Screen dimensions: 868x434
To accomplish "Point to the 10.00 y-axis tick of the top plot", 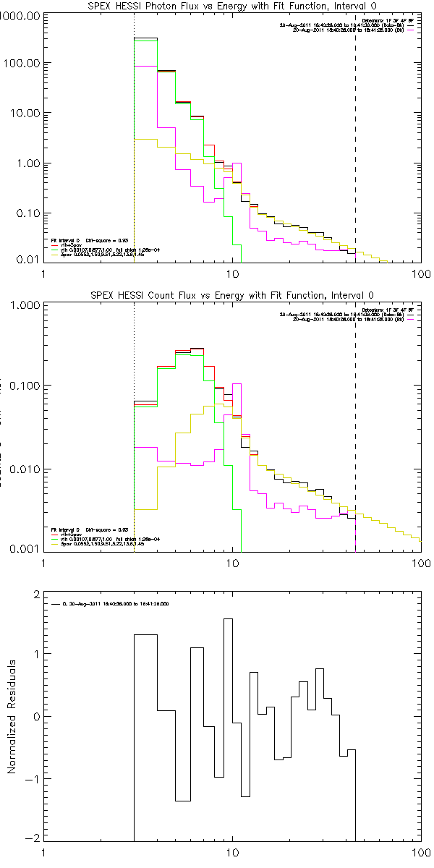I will pos(25,114).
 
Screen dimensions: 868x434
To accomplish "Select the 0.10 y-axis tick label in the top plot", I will pos(27,215).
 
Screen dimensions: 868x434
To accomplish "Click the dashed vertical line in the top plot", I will pos(355,145).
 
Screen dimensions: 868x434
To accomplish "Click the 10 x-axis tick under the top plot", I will pos(233,274).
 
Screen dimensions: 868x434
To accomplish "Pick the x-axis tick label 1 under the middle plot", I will pos(44,563).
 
